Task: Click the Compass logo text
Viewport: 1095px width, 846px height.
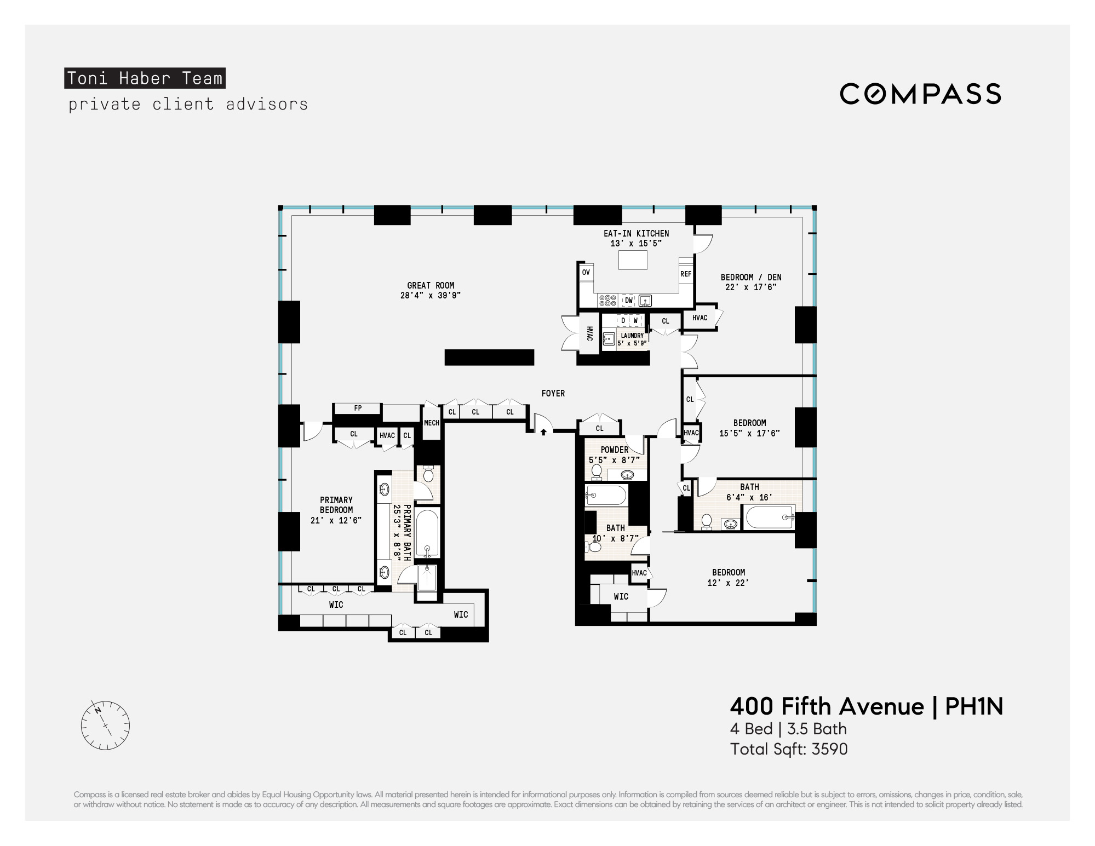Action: (920, 94)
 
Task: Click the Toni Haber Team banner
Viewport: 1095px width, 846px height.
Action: (145, 78)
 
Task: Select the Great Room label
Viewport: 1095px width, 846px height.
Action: (431, 285)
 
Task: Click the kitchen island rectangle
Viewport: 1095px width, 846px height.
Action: (633, 260)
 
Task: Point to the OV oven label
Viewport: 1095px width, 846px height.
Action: (586, 272)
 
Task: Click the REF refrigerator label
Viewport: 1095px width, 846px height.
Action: (686, 274)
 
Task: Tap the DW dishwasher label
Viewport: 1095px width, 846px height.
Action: (629, 300)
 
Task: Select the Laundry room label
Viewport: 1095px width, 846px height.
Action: (632, 336)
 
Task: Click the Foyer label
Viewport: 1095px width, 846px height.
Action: (553, 393)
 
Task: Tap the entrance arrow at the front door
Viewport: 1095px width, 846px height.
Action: (543, 432)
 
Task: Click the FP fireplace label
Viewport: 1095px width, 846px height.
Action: (358, 408)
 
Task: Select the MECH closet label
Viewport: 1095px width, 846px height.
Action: (432, 423)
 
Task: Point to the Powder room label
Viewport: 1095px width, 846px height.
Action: (615, 450)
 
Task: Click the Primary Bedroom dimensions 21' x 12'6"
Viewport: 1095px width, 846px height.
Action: (336, 520)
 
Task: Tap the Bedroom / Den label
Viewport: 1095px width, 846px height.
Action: (751, 277)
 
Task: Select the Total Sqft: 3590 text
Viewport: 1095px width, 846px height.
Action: (789, 749)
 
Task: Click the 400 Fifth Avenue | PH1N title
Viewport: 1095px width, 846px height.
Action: (867, 706)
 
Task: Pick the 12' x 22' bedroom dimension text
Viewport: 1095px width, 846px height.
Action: (728, 583)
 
